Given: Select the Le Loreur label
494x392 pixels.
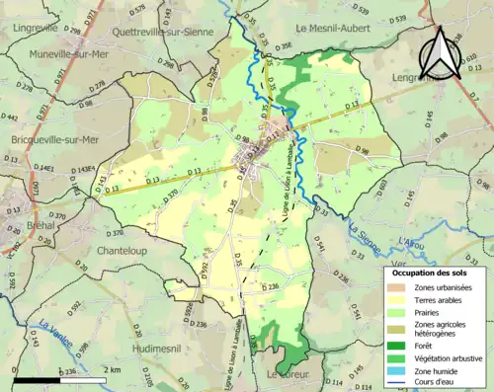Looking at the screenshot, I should coord(288,375).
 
